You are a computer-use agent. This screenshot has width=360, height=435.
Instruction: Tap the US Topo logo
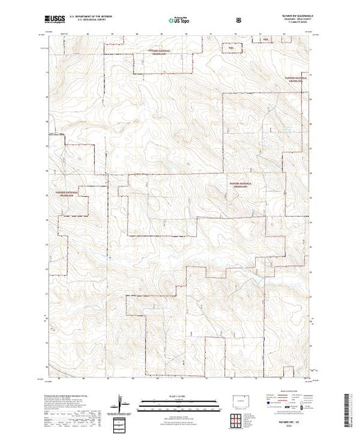[x=179, y=21]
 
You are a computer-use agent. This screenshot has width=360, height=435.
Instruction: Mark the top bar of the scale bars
[x=179, y=403]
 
